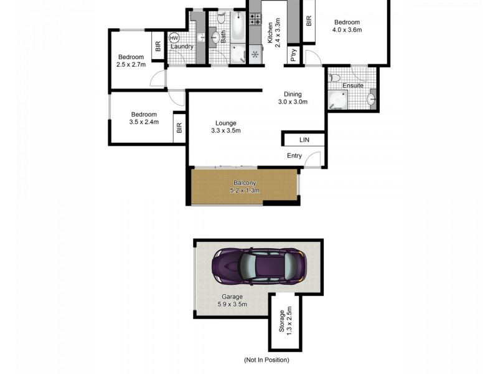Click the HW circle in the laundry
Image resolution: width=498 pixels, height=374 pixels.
click(x=174, y=37)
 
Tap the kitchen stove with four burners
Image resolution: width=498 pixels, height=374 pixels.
click(x=255, y=19)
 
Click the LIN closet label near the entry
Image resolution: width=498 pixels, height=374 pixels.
click(x=304, y=140)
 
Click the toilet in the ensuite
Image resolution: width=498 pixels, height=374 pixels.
click(x=335, y=79)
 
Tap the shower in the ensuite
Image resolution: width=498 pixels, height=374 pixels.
click(x=340, y=100)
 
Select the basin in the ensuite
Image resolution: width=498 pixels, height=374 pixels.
click(x=372, y=98)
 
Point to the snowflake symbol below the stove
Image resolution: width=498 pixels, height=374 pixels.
click(x=254, y=54)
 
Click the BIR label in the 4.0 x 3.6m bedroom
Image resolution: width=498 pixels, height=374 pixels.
click(x=309, y=21)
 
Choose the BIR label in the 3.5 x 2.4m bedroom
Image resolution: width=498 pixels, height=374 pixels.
click(x=179, y=128)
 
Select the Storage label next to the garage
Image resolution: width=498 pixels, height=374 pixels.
click(x=281, y=322)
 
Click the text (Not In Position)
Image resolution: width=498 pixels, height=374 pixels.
click(x=266, y=360)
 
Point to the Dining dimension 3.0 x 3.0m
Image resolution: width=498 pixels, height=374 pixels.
click(x=293, y=102)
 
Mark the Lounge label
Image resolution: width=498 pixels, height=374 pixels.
click(x=225, y=122)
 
